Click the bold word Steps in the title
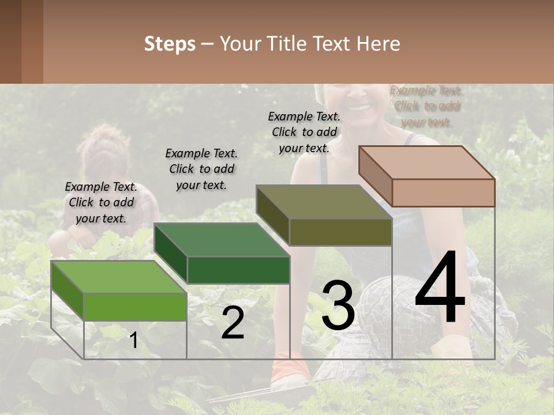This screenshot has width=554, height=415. click(x=170, y=44)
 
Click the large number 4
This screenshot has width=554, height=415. click(x=440, y=288)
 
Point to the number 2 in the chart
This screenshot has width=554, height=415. click(x=233, y=323)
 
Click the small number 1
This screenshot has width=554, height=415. click(x=133, y=341)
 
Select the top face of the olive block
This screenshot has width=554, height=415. click(x=324, y=202)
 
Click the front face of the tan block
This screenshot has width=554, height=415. click(x=443, y=193)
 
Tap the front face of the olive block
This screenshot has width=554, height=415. click(x=340, y=232)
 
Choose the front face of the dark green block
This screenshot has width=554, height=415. click(x=238, y=270)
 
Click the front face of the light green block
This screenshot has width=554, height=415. click(x=135, y=306)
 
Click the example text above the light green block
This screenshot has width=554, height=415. click(x=101, y=202)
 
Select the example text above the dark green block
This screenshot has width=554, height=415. click(x=201, y=169)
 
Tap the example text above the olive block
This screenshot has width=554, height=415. click(x=304, y=132)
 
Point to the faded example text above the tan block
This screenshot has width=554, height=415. click(x=426, y=106)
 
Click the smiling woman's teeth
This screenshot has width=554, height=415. click(x=359, y=107)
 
